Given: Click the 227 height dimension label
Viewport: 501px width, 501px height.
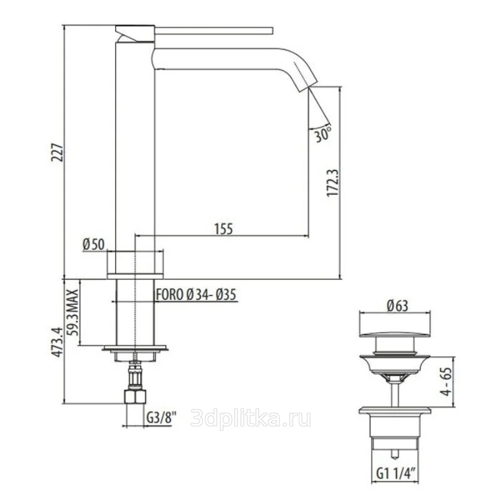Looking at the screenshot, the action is coord(58,152).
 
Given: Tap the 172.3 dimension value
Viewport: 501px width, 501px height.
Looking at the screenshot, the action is coord(334,183).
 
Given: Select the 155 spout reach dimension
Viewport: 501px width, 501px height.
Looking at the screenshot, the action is coord(224,229).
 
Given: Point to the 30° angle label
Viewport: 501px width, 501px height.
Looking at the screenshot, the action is coord(323,134).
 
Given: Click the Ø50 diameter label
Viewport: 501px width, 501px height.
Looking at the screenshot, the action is coord(93,244).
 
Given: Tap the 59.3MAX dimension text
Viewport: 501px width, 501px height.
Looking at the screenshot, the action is coord(73,312).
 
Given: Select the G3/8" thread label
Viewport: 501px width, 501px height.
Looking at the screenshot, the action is coord(162,417).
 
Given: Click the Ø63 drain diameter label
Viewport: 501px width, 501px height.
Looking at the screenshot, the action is coord(398,306).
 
